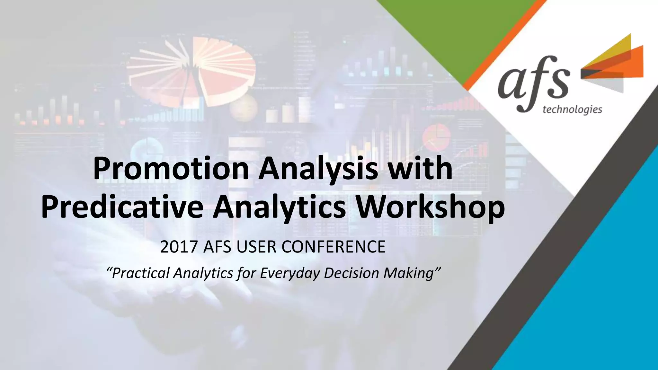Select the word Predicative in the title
tap(122, 207)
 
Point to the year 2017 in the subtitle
tap(178, 247)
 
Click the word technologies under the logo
tap(572, 110)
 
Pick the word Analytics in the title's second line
tap(280, 207)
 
